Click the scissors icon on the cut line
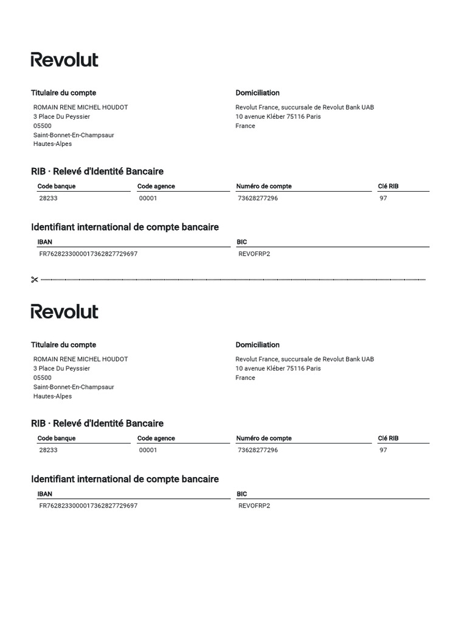point(34,280)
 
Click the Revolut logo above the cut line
point(64,60)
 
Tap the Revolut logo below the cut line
point(64,311)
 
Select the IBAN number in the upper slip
point(88,254)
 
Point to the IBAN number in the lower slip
point(88,506)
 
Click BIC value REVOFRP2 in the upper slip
point(254,254)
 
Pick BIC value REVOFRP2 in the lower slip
point(254,506)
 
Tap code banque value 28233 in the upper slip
point(48,198)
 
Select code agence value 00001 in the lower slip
point(148,450)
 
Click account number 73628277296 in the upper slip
point(258,198)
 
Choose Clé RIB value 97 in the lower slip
point(383,450)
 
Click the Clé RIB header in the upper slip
point(388,186)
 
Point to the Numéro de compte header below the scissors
point(264,438)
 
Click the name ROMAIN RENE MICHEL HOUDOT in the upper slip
point(80,107)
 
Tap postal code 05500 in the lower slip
point(43,378)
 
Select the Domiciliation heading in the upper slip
point(258,93)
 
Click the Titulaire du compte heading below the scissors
point(63,345)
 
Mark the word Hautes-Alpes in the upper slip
point(52,144)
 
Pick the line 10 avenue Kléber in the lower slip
point(278,368)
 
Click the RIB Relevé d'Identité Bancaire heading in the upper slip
point(97,172)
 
